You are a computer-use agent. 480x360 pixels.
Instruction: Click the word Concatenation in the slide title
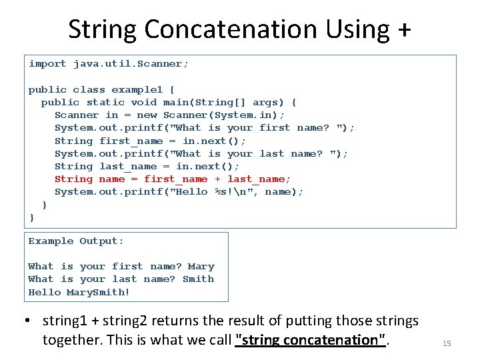click(x=231, y=29)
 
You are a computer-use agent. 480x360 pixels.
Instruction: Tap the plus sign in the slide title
click(x=403, y=31)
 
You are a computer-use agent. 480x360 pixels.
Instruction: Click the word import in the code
click(x=47, y=64)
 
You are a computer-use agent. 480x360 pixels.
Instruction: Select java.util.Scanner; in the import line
click(x=131, y=64)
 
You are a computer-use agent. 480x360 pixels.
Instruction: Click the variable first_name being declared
click(x=131, y=141)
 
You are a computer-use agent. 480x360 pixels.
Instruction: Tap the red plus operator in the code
click(x=218, y=179)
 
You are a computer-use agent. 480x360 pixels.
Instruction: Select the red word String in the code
click(x=73, y=179)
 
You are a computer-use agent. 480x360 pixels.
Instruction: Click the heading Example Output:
click(x=76, y=241)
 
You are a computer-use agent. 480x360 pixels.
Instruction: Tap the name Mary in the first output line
click(x=201, y=266)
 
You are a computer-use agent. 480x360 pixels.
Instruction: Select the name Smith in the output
click(x=199, y=279)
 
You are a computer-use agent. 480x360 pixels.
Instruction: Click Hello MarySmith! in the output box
click(x=79, y=292)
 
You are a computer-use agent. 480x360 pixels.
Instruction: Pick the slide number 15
click(x=447, y=343)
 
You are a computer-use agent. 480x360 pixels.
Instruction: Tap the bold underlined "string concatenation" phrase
click(x=312, y=340)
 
